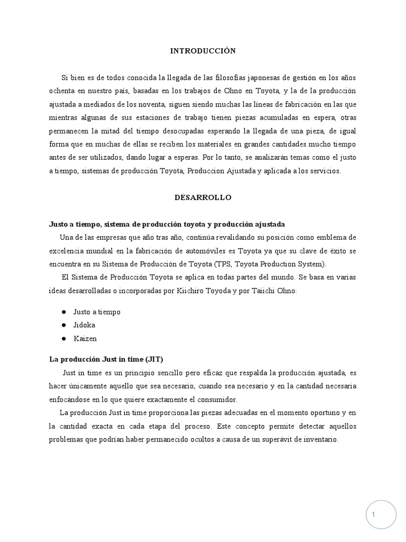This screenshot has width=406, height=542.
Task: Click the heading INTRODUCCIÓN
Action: [x=203, y=51]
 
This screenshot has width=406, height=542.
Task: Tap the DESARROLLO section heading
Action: [x=203, y=197]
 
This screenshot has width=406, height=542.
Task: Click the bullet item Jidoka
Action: [x=85, y=325]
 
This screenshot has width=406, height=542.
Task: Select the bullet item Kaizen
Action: [x=85, y=338]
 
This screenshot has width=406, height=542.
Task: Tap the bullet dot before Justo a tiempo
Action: [x=63, y=312]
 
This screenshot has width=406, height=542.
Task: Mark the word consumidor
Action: [x=218, y=399]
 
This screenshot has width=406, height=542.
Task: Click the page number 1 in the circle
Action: [x=373, y=514]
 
